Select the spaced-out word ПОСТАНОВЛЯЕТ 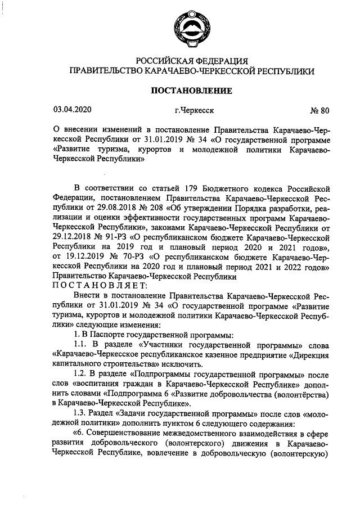pyautogui.click(x=100, y=286)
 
